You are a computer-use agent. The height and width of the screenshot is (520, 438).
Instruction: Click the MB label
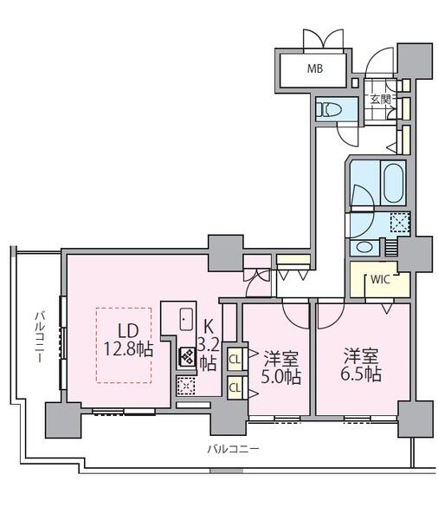pos(315,68)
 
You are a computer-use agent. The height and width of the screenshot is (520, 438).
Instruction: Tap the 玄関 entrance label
pos(380,99)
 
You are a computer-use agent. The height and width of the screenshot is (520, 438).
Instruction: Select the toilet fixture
pos(328,109)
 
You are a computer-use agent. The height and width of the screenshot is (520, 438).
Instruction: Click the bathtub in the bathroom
pos(393,182)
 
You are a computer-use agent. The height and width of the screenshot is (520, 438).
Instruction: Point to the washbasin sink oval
pos(363,247)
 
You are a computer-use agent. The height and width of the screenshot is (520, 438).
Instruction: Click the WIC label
pos(380,279)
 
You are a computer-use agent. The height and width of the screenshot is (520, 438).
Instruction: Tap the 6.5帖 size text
pos(361,374)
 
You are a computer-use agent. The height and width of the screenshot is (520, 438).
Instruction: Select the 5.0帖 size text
pos(281,377)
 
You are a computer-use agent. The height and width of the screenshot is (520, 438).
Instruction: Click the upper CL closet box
pos(235,359)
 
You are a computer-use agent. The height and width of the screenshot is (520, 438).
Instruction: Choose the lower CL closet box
pos(235,387)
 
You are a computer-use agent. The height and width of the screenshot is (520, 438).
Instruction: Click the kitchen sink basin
pos(186,319)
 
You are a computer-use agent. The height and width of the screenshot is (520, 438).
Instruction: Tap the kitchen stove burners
pos(187,357)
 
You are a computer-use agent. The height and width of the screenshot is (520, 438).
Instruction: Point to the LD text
pos(128,330)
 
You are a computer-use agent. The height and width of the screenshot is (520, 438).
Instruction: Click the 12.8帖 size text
pos(129,349)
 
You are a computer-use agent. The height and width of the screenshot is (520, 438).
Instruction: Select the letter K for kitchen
pos(208,327)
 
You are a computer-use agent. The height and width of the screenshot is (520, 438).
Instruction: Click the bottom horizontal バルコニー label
pos(233,449)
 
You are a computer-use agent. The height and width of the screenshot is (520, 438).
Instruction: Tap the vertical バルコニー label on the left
pos(41,336)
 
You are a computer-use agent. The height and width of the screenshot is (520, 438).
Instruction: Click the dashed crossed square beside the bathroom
pos(400,222)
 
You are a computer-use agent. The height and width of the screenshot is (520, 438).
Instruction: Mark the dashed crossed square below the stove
pos(185,386)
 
